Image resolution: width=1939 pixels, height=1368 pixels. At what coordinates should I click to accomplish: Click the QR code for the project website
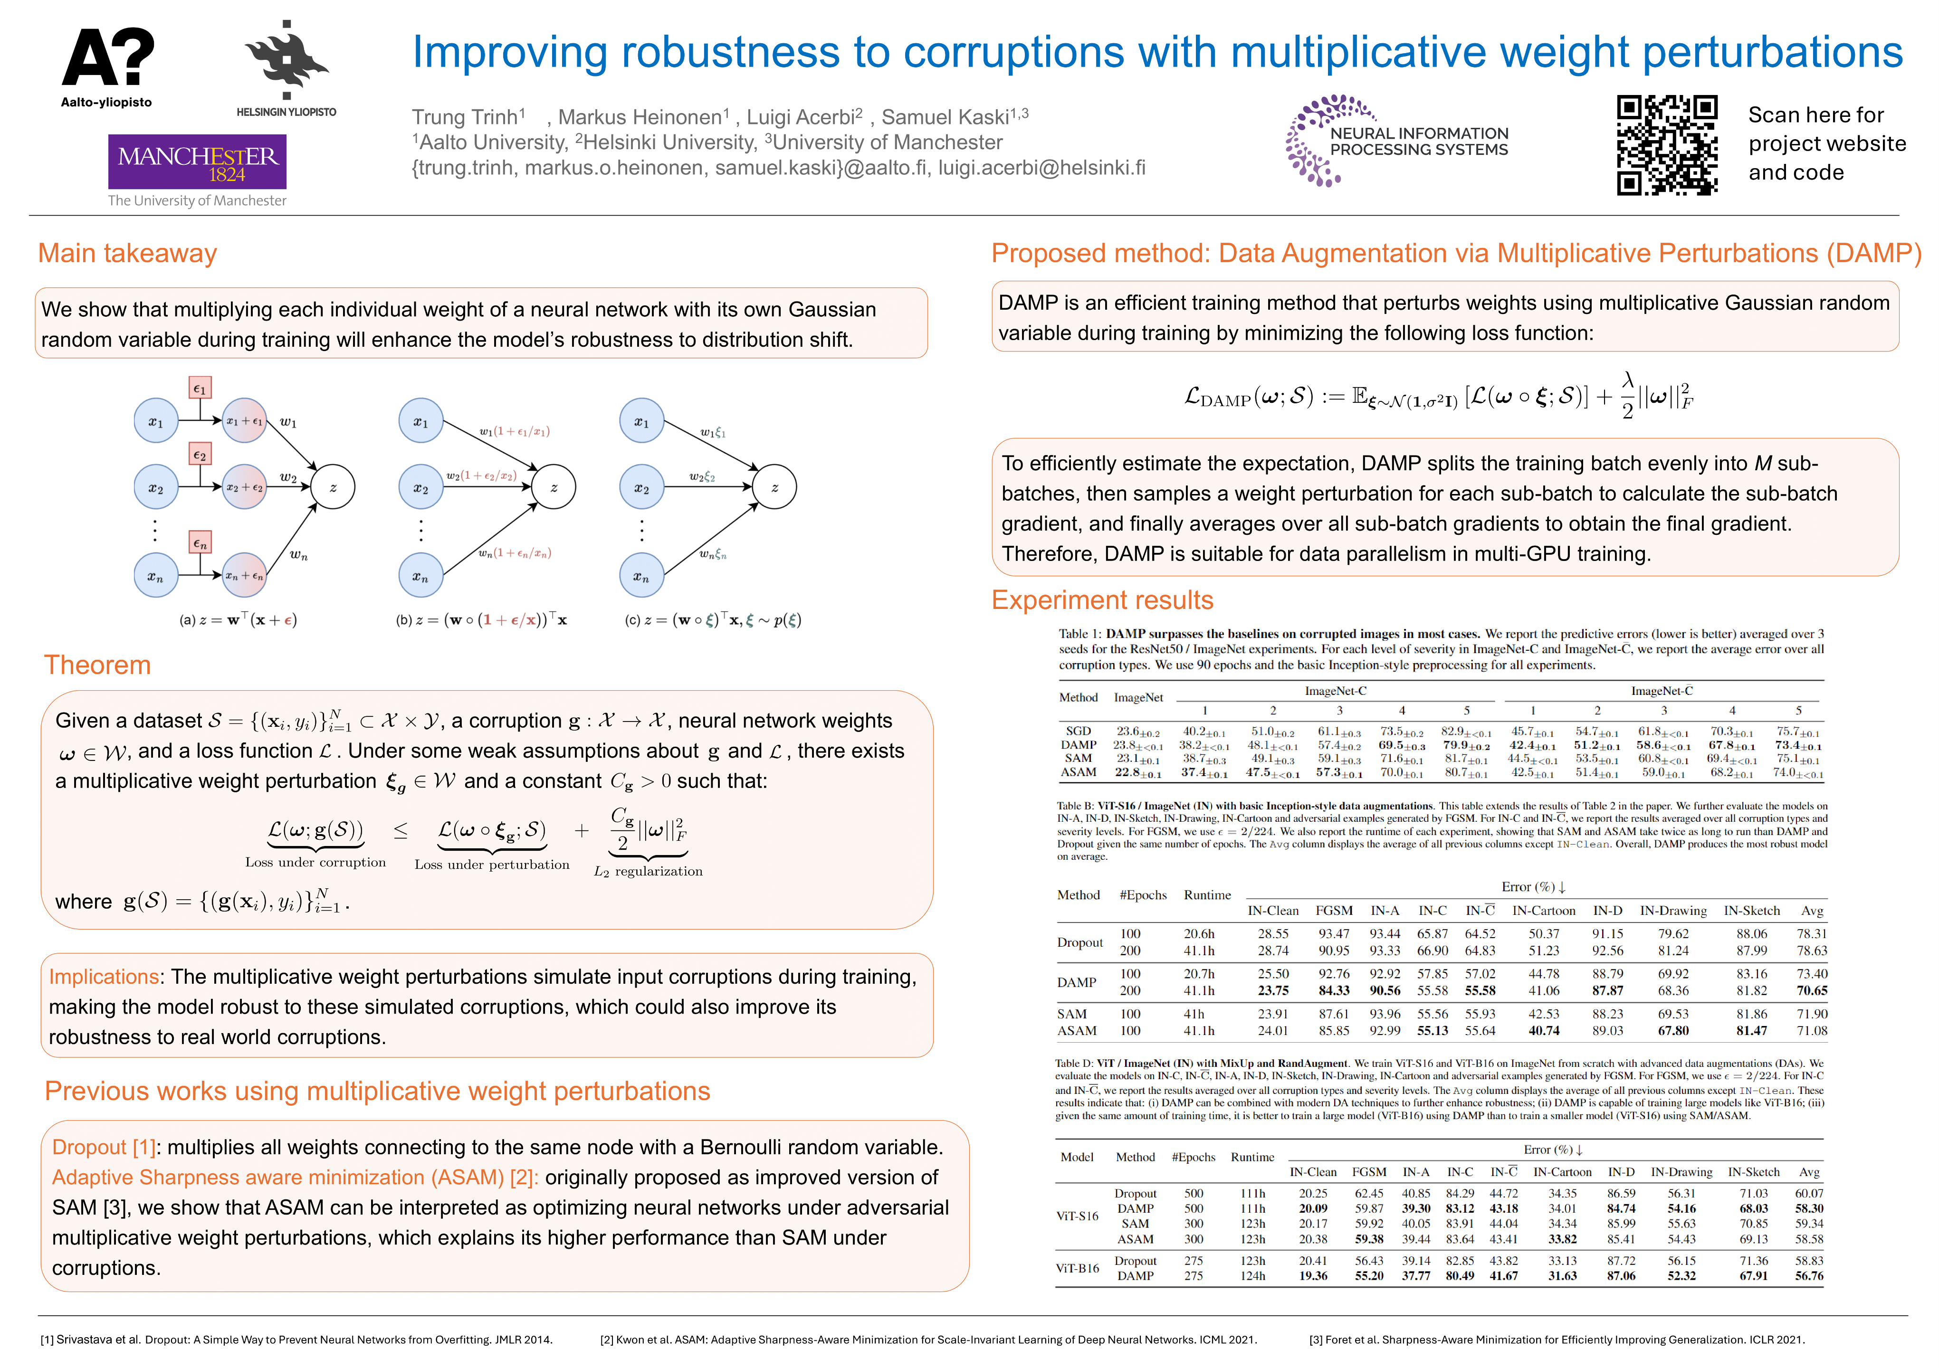point(1666,145)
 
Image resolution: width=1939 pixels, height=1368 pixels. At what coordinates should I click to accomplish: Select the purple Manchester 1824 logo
point(197,162)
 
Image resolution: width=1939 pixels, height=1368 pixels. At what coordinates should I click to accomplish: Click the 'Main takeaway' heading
point(127,253)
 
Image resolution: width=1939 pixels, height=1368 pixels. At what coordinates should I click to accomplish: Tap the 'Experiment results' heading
point(1102,600)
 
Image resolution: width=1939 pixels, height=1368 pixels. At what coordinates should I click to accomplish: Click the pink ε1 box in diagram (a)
point(199,389)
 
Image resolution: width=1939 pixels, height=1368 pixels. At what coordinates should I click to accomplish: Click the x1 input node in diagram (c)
point(642,421)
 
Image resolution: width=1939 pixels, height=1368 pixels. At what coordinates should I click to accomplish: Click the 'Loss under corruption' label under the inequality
point(315,862)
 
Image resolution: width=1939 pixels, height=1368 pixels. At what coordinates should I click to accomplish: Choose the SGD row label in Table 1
point(1079,731)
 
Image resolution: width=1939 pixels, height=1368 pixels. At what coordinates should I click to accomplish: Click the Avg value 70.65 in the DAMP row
point(1812,990)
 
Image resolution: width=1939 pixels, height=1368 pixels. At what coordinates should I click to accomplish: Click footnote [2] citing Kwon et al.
point(928,1339)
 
